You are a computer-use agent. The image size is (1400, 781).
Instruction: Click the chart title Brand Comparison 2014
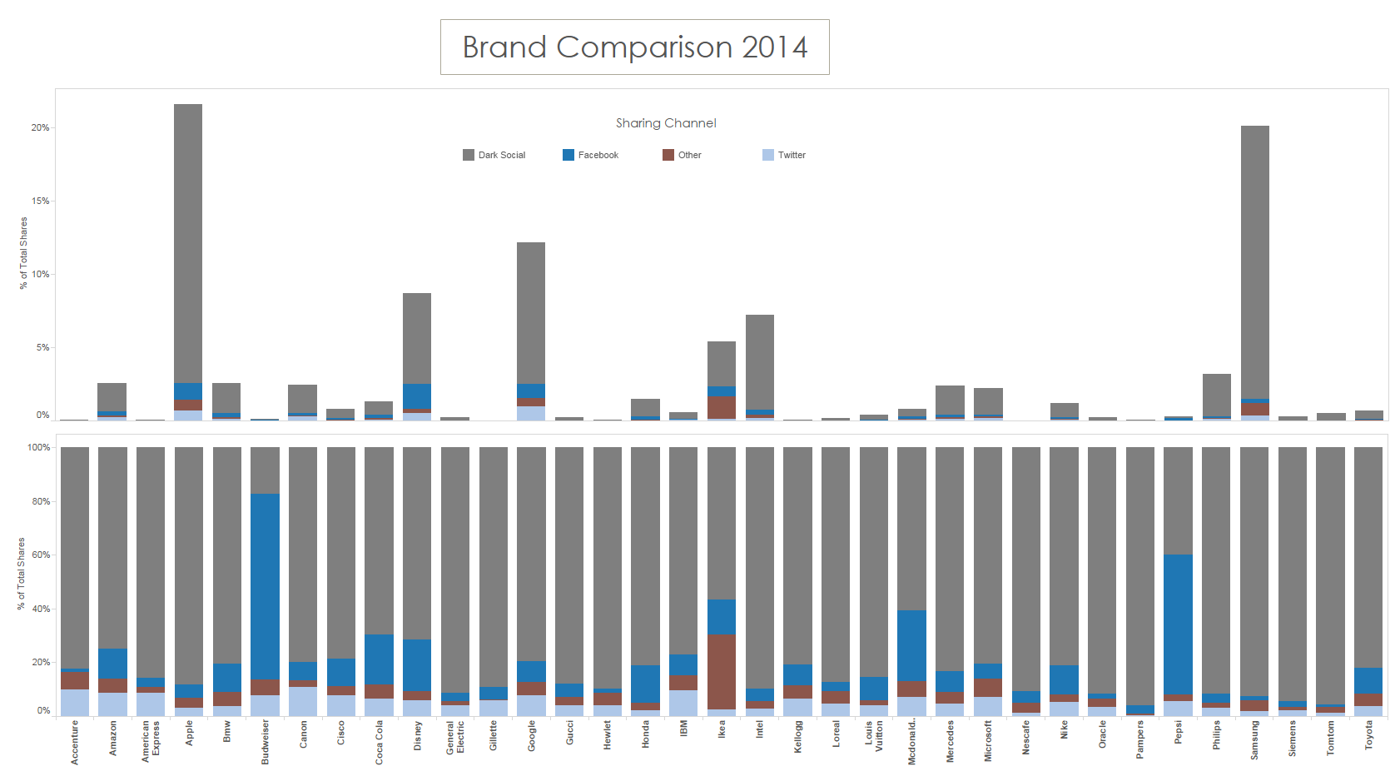click(x=634, y=47)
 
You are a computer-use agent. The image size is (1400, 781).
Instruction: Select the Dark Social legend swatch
click(x=469, y=155)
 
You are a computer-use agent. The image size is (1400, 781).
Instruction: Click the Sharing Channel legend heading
click(x=666, y=123)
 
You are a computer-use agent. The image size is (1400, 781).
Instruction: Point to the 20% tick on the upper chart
click(x=40, y=127)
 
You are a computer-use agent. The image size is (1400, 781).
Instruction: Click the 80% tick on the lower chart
click(x=40, y=501)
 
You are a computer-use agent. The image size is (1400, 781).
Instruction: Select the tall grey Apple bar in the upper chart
click(x=188, y=241)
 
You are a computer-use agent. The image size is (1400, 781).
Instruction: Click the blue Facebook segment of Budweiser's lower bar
click(x=265, y=586)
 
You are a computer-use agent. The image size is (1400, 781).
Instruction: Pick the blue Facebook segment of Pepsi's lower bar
click(x=1178, y=624)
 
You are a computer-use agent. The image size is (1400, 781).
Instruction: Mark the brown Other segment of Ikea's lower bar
click(x=722, y=671)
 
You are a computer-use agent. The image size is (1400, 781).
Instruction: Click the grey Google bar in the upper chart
click(x=531, y=312)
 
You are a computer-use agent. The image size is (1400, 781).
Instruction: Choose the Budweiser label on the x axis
click(x=266, y=742)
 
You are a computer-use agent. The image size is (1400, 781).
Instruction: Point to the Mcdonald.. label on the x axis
click(x=912, y=742)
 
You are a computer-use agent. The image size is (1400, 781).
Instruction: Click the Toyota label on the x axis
click(x=1369, y=735)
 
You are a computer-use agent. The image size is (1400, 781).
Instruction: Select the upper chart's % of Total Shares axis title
click(x=23, y=253)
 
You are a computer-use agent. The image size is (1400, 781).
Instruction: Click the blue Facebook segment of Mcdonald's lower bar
click(x=911, y=645)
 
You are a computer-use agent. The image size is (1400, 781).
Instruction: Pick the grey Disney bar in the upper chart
click(x=417, y=338)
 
